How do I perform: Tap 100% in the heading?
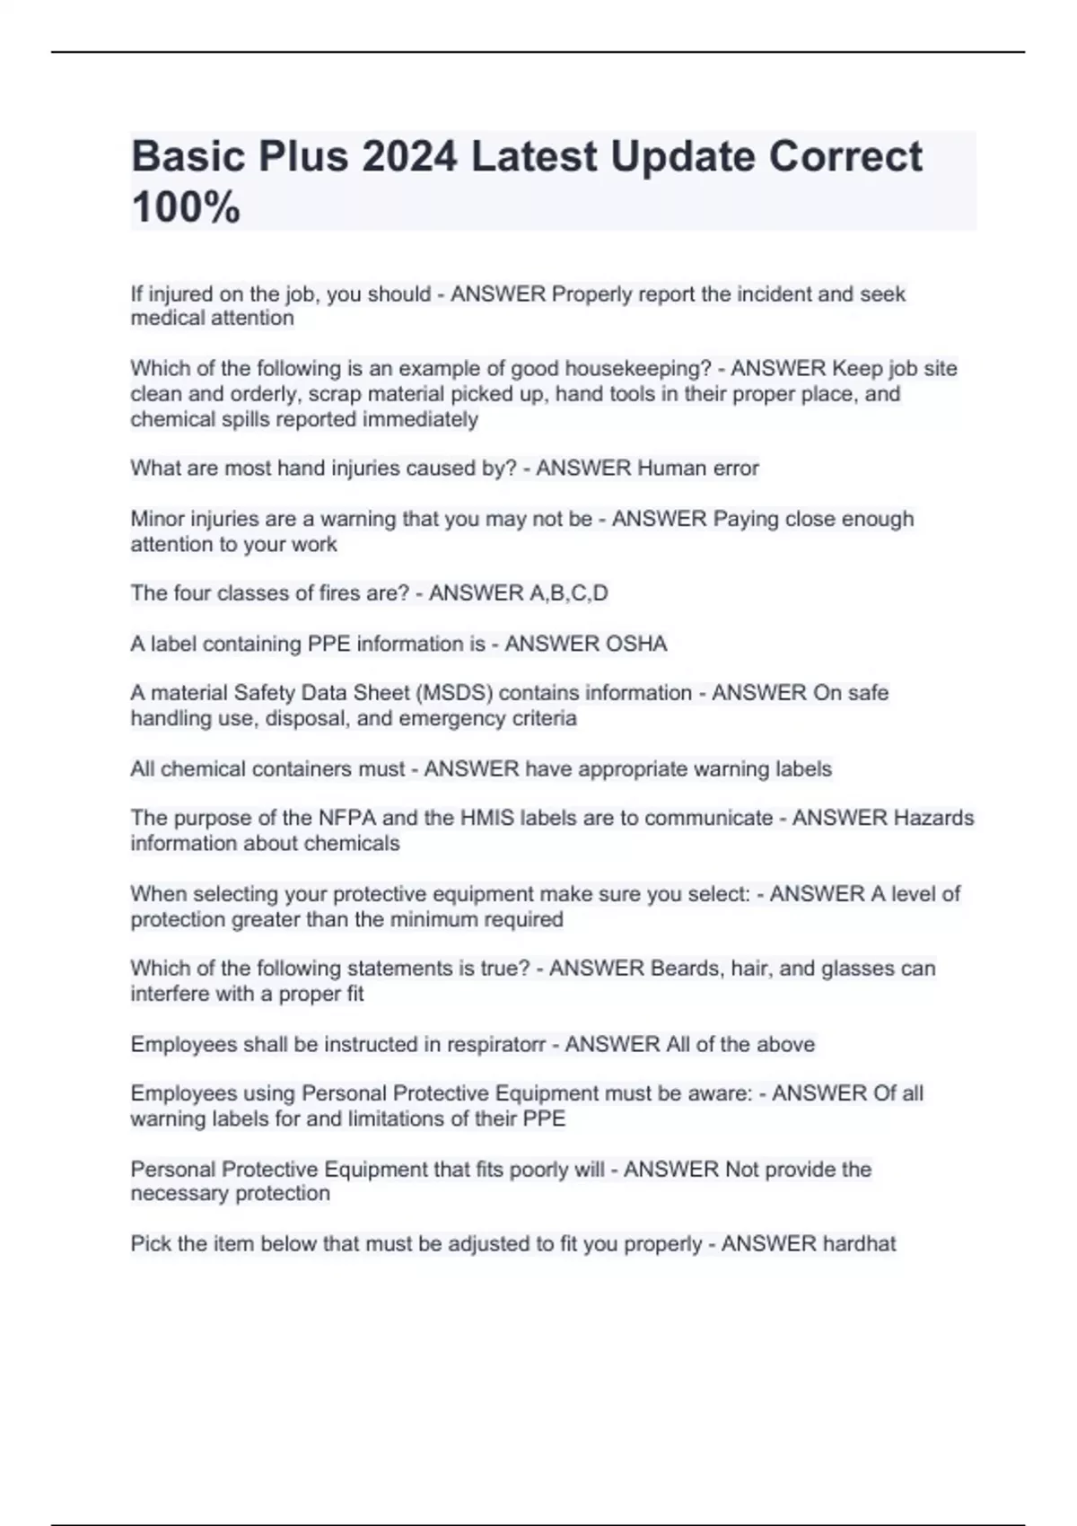pyautogui.click(x=186, y=207)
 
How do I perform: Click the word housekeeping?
pyautogui.click(x=637, y=369)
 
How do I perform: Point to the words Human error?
pyautogui.click(x=698, y=469)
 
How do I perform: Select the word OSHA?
pyautogui.click(x=637, y=645)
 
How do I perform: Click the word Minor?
pyautogui.click(x=158, y=520)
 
